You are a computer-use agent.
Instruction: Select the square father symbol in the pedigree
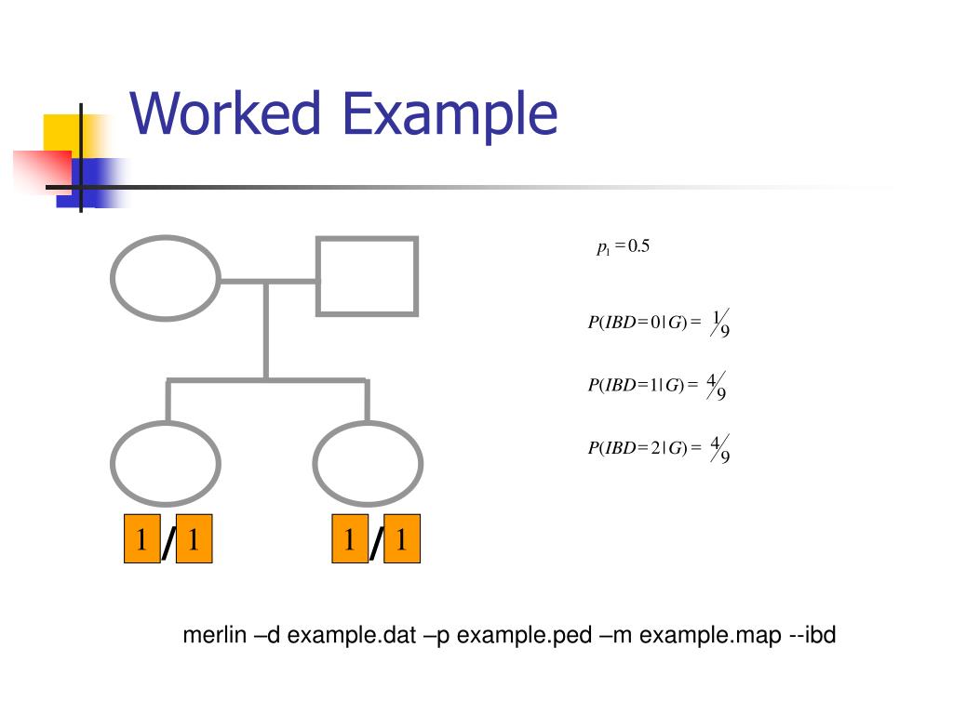click(x=367, y=276)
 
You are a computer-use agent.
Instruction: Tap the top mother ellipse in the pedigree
click(x=166, y=277)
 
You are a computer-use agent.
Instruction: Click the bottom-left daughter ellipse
click(x=166, y=463)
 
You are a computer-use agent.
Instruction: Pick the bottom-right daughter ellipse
click(x=368, y=463)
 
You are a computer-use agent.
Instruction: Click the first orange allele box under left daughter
click(x=141, y=538)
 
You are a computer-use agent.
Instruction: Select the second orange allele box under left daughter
click(x=194, y=538)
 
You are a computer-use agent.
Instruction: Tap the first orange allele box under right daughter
click(x=350, y=538)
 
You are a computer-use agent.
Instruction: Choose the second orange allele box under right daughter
click(x=401, y=538)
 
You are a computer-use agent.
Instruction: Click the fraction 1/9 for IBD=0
click(x=720, y=323)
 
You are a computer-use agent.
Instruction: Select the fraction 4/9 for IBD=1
click(x=717, y=385)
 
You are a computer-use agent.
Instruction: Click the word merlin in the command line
click(x=215, y=636)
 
